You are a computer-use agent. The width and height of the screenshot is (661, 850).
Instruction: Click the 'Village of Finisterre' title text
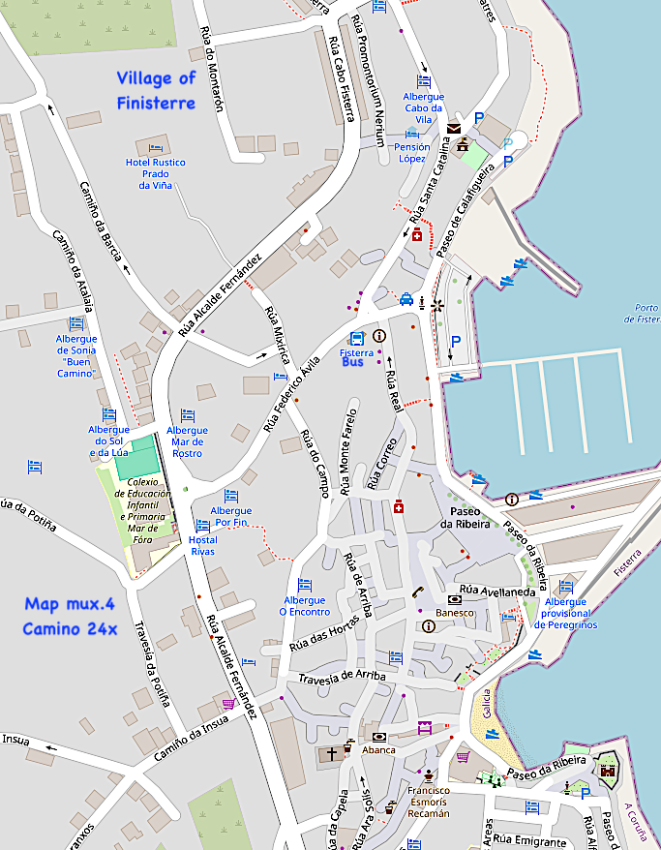click(x=156, y=90)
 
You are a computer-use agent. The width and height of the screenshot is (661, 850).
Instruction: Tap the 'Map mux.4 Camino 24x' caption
click(x=71, y=616)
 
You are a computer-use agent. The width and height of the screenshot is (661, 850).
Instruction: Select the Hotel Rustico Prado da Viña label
click(x=156, y=173)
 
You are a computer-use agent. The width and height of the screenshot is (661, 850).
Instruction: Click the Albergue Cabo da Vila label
click(x=423, y=108)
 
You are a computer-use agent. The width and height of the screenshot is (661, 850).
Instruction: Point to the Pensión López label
click(x=411, y=152)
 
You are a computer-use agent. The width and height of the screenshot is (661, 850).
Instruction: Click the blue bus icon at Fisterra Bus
click(x=356, y=338)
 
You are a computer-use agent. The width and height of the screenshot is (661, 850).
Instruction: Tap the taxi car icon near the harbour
click(x=407, y=300)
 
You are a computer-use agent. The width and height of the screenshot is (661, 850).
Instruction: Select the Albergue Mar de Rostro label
click(x=187, y=441)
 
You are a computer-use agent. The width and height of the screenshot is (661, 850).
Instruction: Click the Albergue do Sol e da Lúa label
click(x=109, y=440)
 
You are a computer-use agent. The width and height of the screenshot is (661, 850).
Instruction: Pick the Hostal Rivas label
click(x=202, y=545)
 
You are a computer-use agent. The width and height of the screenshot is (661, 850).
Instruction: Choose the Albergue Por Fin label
click(x=230, y=517)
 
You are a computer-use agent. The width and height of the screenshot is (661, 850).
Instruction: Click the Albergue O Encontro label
click(x=305, y=605)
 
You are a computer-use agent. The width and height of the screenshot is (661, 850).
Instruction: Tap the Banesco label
click(x=455, y=613)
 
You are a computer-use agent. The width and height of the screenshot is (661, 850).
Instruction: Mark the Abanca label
click(x=378, y=749)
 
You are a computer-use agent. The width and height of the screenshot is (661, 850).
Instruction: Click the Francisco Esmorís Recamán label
click(x=428, y=802)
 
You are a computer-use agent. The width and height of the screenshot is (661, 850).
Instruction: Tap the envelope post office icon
click(x=454, y=127)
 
